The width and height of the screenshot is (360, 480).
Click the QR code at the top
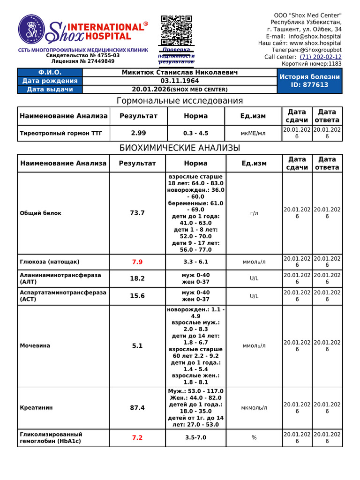point(176,30)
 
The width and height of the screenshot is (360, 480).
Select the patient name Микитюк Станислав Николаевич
point(180,73)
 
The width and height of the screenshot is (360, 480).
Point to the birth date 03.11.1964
point(180,81)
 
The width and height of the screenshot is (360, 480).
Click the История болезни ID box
point(309,81)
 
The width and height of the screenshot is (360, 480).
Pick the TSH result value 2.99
point(138,133)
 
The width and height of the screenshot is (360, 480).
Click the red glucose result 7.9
point(137,262)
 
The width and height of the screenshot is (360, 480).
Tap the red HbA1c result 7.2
point(137,437)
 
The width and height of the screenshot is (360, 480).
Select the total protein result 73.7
point(137,213)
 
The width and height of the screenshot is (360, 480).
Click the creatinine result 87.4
point(137,408)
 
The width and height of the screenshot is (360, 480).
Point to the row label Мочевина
point(35,345)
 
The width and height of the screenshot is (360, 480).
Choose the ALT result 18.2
point(137,278)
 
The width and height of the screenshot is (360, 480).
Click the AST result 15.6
point(137,296)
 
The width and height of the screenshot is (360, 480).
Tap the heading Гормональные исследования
point(180,101)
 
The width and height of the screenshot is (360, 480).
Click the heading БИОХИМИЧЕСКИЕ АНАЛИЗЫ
point(180,148)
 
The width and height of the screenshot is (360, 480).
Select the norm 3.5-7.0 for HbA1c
point(195,437)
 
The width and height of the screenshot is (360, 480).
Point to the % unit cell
point(254,437)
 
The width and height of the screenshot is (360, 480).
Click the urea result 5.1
point(137,345)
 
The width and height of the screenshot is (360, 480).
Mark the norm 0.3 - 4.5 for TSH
point(196,133)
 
